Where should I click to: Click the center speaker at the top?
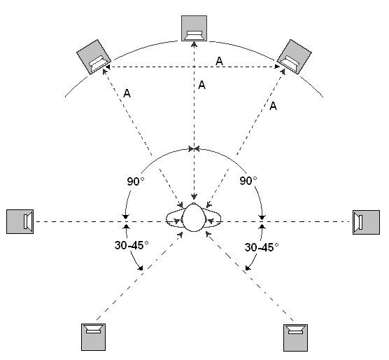pos(194,28)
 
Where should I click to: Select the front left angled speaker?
pos(94,57)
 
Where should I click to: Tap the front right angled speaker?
pos(294,57)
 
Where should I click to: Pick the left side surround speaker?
pos(20,221)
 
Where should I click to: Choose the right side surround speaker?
pos(366,222)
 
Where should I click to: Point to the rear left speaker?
pos(93,337)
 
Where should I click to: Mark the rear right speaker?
pos(295,338)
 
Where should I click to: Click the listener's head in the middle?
pos(194,218)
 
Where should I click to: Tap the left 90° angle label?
pos(136,181)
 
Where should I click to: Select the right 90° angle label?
pos(248,181)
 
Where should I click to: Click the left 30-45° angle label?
pos(132,245)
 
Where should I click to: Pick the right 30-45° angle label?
pos(262,247)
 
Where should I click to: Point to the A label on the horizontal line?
pos(219,61)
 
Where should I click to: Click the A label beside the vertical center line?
pos(201,85)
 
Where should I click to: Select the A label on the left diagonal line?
pos(127,93)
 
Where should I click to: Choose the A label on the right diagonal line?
pos(273,106)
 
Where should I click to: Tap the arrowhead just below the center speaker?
pos(194,44)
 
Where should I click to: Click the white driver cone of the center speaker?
pos(194,35)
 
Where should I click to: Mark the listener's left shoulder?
pos(174,219)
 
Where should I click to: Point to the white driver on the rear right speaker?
pos(295,330)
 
